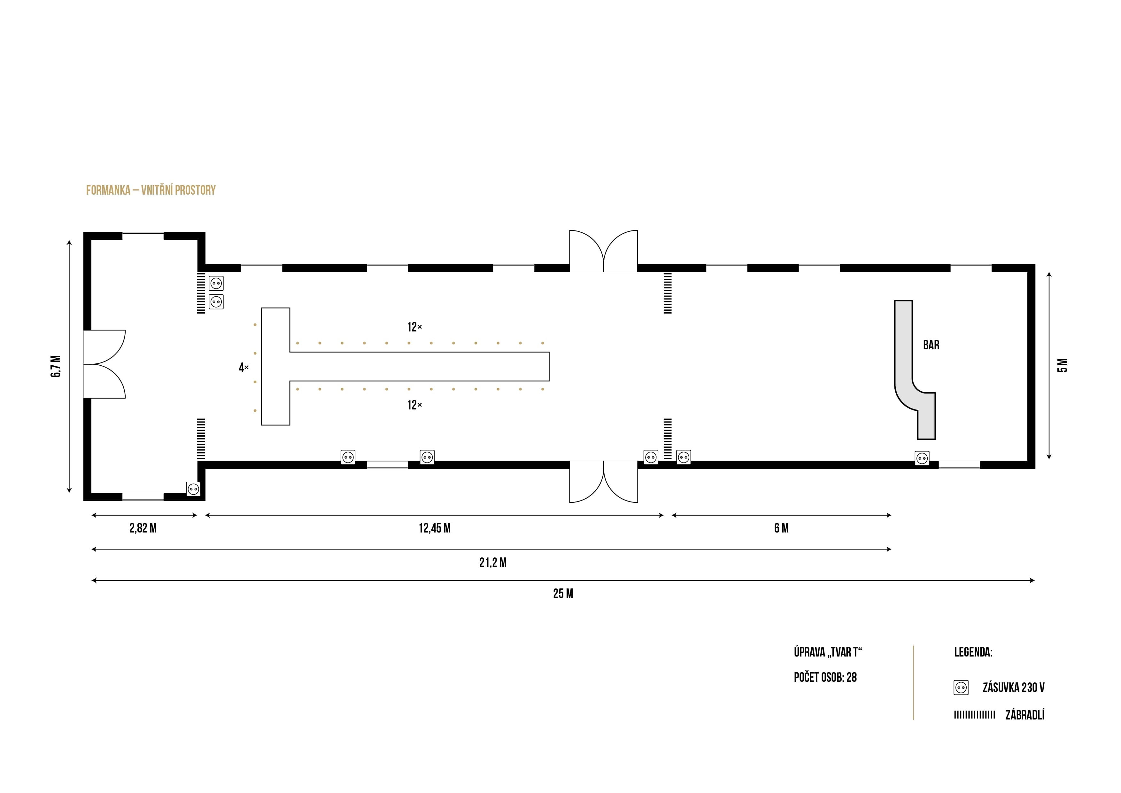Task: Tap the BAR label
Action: click(x=931, y=345)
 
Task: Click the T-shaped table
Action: click(x=405, y=366)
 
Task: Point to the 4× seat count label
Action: click(x=244, y=367)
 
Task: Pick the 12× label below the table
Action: click(x=414, y=405)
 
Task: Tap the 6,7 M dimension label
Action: click(x=56, y=366)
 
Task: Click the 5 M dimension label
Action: click(x=1063, y=365)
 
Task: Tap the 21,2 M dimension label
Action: click(x=493, y=563)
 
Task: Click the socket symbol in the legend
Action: click(x=961, y=688)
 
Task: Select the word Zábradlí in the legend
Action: click(x=1025, y=715)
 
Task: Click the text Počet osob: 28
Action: click(x=825, y=677)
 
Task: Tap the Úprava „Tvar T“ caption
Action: click(x=828, y=652)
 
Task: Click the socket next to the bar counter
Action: click(x=922, y=458)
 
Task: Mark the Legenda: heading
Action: click(x=973, y=652)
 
